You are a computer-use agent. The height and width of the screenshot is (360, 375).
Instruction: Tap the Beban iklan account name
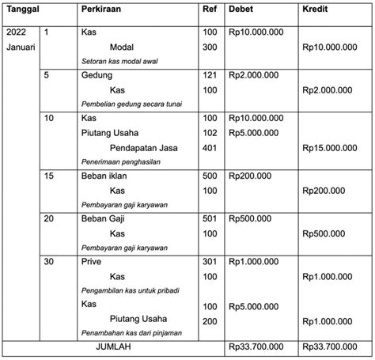104,176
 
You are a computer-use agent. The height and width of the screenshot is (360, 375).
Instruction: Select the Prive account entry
92,261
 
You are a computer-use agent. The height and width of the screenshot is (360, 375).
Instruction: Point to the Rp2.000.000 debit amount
252,75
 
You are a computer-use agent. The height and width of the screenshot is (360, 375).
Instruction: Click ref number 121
210,75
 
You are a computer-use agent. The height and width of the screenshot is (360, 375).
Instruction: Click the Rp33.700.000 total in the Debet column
256,347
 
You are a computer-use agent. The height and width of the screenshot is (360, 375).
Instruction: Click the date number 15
48,176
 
